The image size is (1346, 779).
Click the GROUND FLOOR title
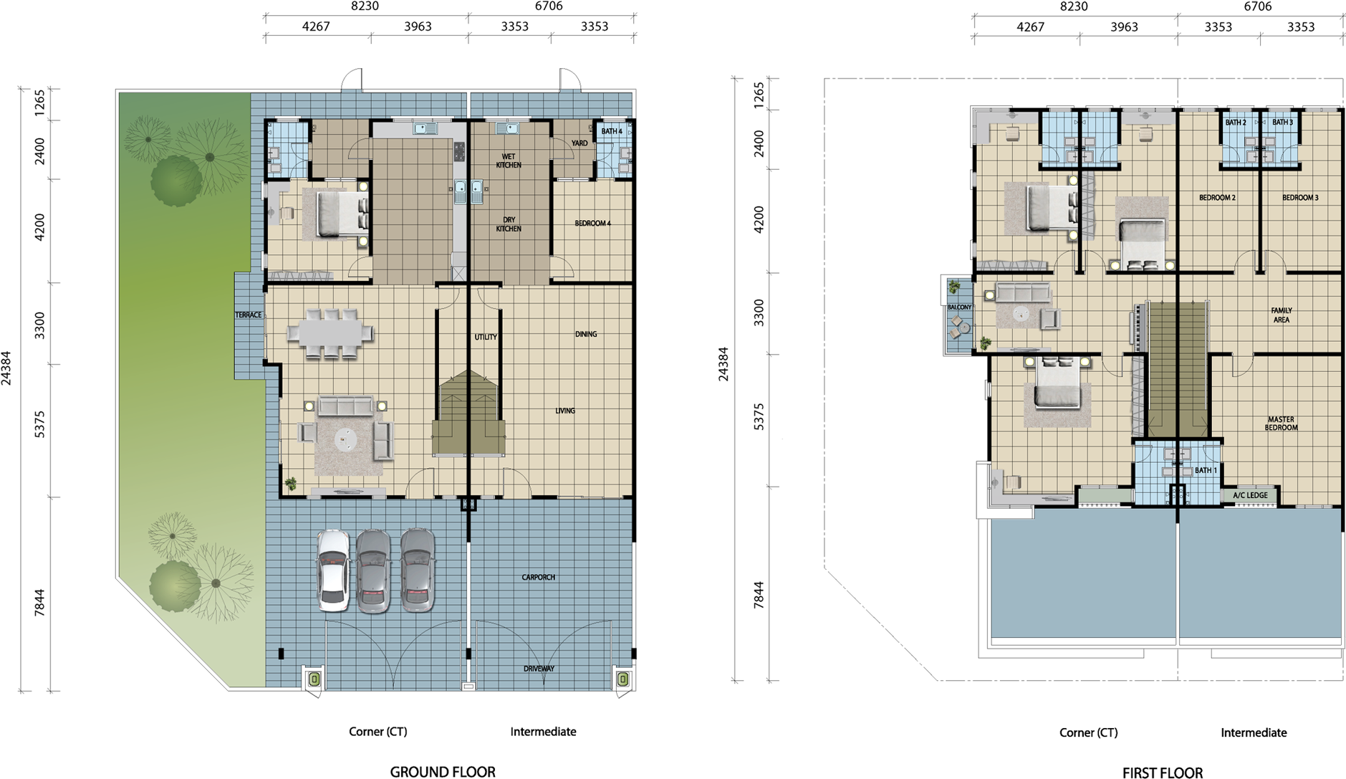point(442,772)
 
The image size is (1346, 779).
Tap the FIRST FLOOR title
point(1162,773)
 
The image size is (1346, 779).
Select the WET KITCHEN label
point(509,161)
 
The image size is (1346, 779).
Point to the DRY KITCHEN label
point(509,224)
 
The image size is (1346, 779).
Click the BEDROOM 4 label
point(592,224)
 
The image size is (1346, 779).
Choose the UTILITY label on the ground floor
point(486,337)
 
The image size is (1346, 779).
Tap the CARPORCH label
point(538,577)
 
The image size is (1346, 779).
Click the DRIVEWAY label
point(539,669)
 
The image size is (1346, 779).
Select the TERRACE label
point(249,315)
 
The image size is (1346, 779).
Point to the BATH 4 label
point(612,131)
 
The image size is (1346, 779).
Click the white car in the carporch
point(334,570)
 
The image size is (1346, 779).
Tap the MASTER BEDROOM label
point(1281,424)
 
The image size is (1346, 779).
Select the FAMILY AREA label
point(1282,315)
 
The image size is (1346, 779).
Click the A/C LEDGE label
point(1250,495)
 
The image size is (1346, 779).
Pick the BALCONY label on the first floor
point(959,307)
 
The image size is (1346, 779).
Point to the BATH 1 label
point(1206,470)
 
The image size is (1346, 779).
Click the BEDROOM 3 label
point(1300,198)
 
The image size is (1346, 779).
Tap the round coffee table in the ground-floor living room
point(346,439)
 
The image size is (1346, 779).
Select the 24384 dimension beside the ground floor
point(6,368)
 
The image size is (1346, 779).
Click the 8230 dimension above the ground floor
point(365,6)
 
